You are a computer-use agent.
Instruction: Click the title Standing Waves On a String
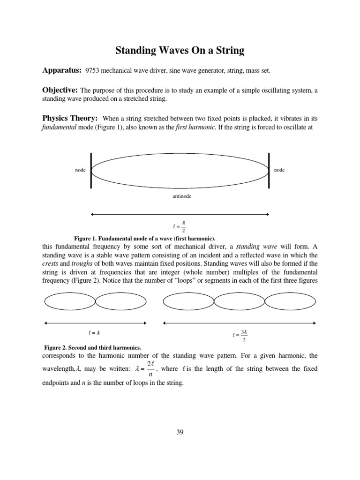[180, 50]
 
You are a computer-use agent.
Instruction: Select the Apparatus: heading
[62, 70]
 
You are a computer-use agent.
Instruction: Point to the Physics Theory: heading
[70, 118]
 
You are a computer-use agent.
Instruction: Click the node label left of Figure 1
[80, 170]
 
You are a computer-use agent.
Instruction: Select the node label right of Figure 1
[279, 170]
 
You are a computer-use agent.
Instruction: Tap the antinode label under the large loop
[182, 196]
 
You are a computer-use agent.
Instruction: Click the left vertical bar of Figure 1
[91, 171]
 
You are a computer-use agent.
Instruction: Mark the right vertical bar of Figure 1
[269, 170]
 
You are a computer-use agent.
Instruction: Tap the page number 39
[180, 432]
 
